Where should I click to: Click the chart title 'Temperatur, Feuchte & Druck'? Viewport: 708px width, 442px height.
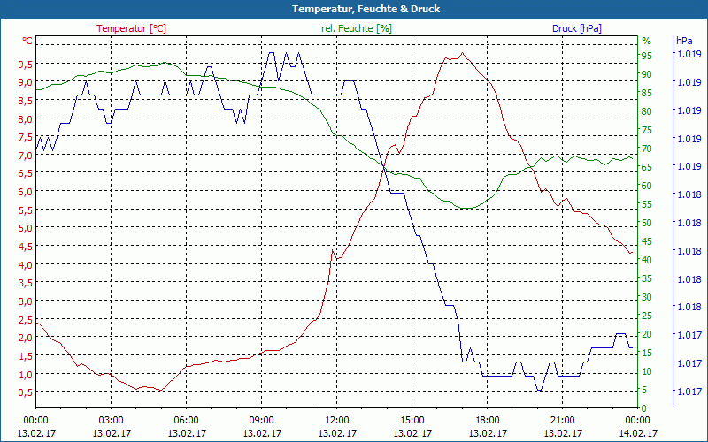click(x=354, y=9)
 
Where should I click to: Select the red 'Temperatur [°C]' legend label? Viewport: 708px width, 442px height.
click(x=131, y=28)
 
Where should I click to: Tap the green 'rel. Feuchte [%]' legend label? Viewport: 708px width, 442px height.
click(x=356, y=28)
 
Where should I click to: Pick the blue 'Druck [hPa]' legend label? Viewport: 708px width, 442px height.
click(x=577, y=28)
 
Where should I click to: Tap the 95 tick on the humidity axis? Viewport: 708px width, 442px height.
click(x=646, y=55)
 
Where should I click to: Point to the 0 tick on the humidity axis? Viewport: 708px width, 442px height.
click(x=643, y=408)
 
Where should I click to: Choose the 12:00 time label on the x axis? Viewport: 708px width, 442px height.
click(x=336, y=420)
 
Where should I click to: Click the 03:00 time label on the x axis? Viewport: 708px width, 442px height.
click(x=111, y=420)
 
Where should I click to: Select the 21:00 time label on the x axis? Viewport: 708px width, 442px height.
click(x=562, y=420)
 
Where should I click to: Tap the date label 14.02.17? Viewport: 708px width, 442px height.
click(x=637, y=433)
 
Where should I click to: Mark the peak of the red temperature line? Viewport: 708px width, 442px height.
click(x=461, y=53)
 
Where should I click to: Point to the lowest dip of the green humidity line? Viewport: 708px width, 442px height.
click(x=466, y=209)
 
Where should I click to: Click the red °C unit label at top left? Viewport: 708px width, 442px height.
click(x=27, y=41)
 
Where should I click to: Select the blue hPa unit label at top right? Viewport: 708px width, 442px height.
click(x=683, y=41)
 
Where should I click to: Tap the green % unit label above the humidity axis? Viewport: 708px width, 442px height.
click(x=646, y=41)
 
